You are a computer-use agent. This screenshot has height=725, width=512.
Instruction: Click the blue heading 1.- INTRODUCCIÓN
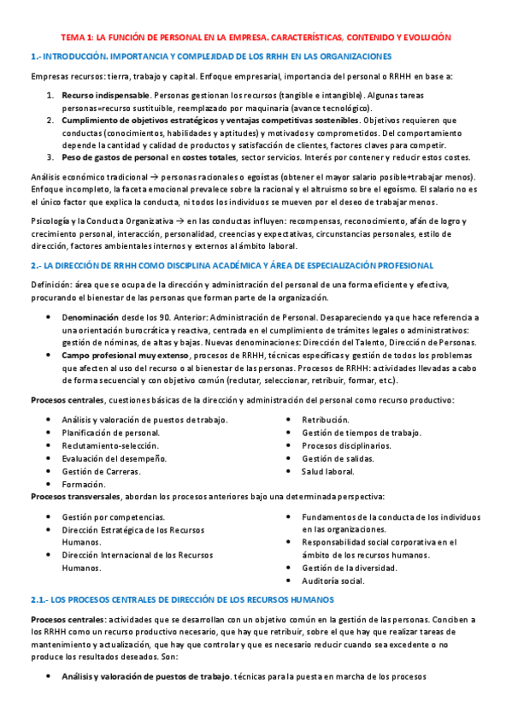pos(210,56)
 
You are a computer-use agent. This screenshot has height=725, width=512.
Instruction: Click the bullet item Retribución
pos(326,420)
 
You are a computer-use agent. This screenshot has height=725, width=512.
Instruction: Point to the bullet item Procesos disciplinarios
pos(346,445)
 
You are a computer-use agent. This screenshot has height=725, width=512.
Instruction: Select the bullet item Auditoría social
pos(333,581)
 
